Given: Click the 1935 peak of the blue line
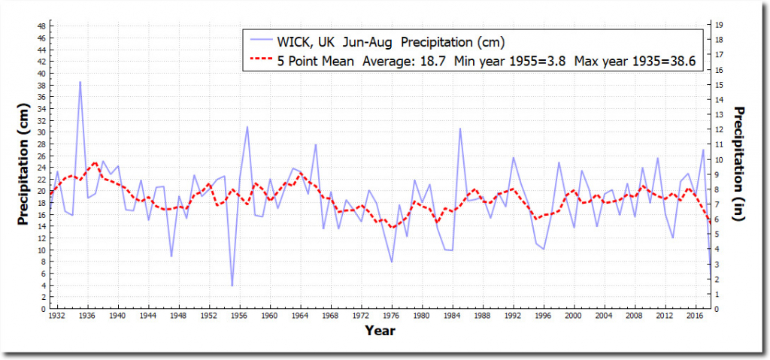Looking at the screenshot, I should point(80,82).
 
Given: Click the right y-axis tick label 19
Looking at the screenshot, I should point(720,26).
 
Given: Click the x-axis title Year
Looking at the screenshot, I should point(380,330).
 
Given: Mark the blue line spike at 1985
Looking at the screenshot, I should point(460,129).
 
